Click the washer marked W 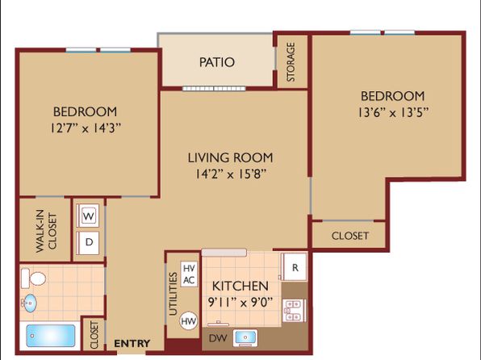[88, 216]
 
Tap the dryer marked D [88, 242]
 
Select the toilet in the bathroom [33, 278]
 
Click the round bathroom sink [29, 303]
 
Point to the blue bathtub [51, 336]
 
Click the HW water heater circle [188, 321]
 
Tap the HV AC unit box [189, 274]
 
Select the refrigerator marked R [294, 267]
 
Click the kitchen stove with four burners [294, 310]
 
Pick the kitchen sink [245, 337]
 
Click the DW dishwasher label [218, 338]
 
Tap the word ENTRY [132, 343]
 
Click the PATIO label [217, 62]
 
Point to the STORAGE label [291, 62]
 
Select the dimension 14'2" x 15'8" [230, 174]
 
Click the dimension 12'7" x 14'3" [86, 128]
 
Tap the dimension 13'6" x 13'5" [393, 113]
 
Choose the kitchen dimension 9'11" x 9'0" [240, 303]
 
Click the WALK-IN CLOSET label [46, 231]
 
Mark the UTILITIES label [174, 294]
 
